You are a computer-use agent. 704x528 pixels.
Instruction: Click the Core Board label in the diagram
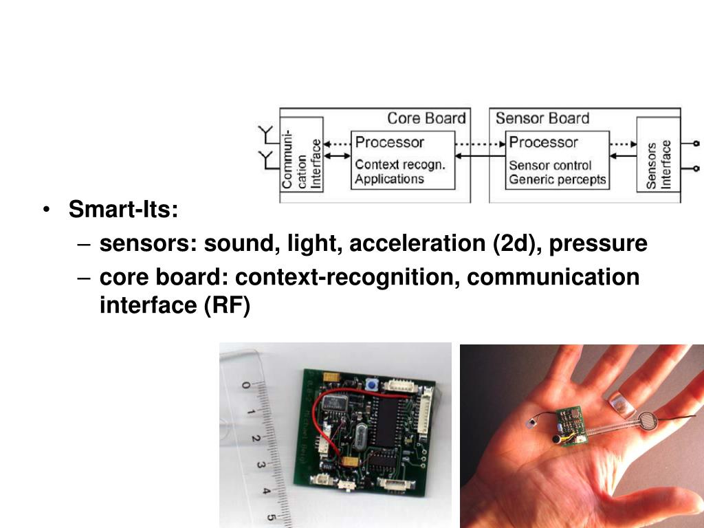[426, 118]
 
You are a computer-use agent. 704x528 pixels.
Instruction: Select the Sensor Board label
[542, 118]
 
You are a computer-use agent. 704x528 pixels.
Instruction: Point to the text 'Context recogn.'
[400, 165]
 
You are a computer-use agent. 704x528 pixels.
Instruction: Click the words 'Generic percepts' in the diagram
[558, 179]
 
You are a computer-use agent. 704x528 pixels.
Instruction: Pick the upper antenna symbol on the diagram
[265, 133]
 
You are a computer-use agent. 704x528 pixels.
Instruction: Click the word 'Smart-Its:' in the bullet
[123, 209]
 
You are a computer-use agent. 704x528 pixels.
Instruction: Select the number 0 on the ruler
[245, 386]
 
